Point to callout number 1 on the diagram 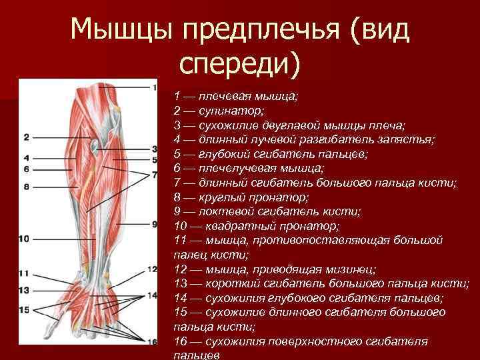click(x=154, y=87)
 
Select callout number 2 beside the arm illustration click(x=26, y=137)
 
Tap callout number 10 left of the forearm click(x=23, y=238)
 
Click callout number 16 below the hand click(x=152, y=342)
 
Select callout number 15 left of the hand click(x=24, y=309)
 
